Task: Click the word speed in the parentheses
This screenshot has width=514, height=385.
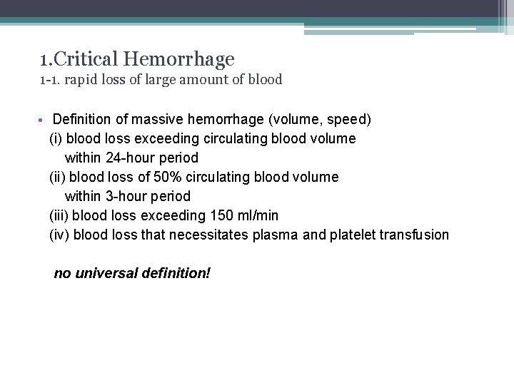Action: click(348, 118)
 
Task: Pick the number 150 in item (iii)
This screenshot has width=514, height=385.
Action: click(222, 215)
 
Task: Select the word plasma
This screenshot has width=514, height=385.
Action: click(276, 235)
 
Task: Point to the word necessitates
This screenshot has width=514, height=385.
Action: click(208, 235)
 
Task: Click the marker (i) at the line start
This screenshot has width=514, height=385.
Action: click(56, 138)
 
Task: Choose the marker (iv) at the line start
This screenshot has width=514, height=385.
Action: click(59, 235)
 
